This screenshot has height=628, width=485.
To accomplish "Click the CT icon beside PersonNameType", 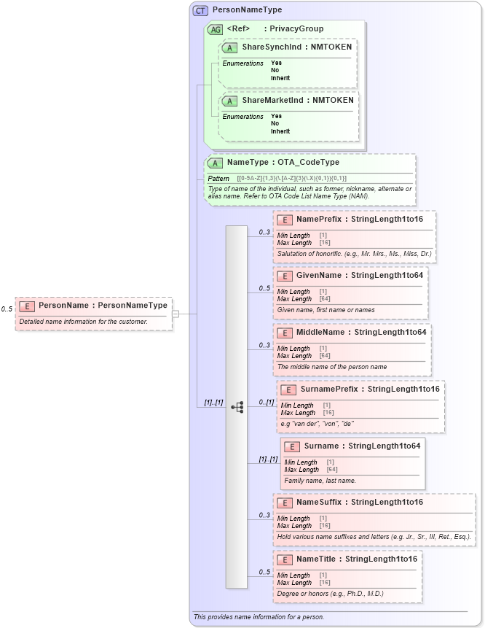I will click(200, 10).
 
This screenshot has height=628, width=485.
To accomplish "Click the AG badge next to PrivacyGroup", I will click(215, 29).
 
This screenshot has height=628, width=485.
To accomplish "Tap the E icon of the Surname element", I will click(291, 446).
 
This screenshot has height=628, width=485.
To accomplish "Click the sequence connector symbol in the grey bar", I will click(237, 407).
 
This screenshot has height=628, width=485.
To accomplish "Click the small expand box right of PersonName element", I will click(176, 314).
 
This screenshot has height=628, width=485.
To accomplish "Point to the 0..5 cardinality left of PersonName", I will click(7, 309).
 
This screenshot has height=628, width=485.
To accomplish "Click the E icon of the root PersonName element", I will click(27, 306).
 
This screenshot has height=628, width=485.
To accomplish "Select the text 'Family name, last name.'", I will click(320, 481).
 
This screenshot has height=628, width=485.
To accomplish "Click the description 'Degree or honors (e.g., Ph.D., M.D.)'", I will click(330, 594).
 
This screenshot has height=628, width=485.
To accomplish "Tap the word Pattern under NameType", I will click(218, 179).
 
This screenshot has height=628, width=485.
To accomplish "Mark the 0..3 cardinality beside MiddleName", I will click(264, 345).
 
